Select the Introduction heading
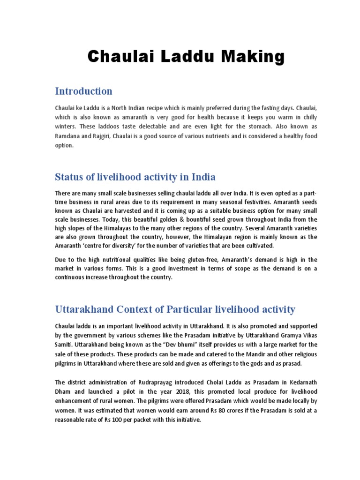[83, 91]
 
